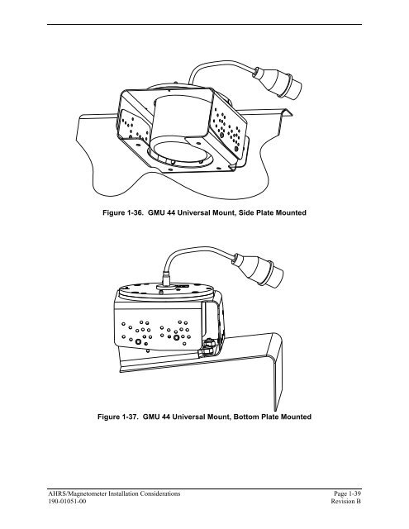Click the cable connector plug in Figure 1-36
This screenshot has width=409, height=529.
[278, 83]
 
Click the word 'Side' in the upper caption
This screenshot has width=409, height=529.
[246, 213]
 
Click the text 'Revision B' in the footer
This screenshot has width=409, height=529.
[346, 502]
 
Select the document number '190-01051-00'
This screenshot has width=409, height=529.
[67, 502]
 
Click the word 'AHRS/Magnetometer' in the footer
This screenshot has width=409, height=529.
[77, 493]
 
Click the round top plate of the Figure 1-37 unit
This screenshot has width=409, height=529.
[166, 291]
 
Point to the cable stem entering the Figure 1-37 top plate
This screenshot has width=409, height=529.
[166, 279]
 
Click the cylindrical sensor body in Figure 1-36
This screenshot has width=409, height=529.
[180, 118]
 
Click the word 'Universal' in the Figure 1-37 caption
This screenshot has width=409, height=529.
[189, 417]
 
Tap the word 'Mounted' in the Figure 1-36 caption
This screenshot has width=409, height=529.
[291, 213]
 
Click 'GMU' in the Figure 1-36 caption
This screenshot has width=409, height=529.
[156, 213]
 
